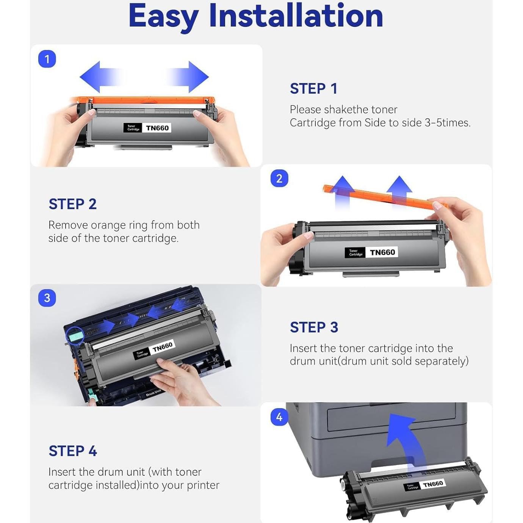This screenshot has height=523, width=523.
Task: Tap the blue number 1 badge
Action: point(47,59)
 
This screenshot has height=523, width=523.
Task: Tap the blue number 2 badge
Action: point(279,179)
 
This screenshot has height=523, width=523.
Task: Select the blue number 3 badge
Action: point(47,298)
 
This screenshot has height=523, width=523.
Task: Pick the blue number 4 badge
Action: point(279,417)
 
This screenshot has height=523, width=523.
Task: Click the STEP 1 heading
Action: point(314,88)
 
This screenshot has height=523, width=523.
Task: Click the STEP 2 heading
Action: point(73,204)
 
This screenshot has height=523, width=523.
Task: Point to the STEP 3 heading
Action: point(314,327)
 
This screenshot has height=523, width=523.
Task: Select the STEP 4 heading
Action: point(73,451)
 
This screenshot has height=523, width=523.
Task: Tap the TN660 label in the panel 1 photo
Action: point(157,128)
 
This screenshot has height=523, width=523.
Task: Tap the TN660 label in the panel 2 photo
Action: point(382,252)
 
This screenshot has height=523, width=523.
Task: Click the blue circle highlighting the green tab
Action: point(75,335)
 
